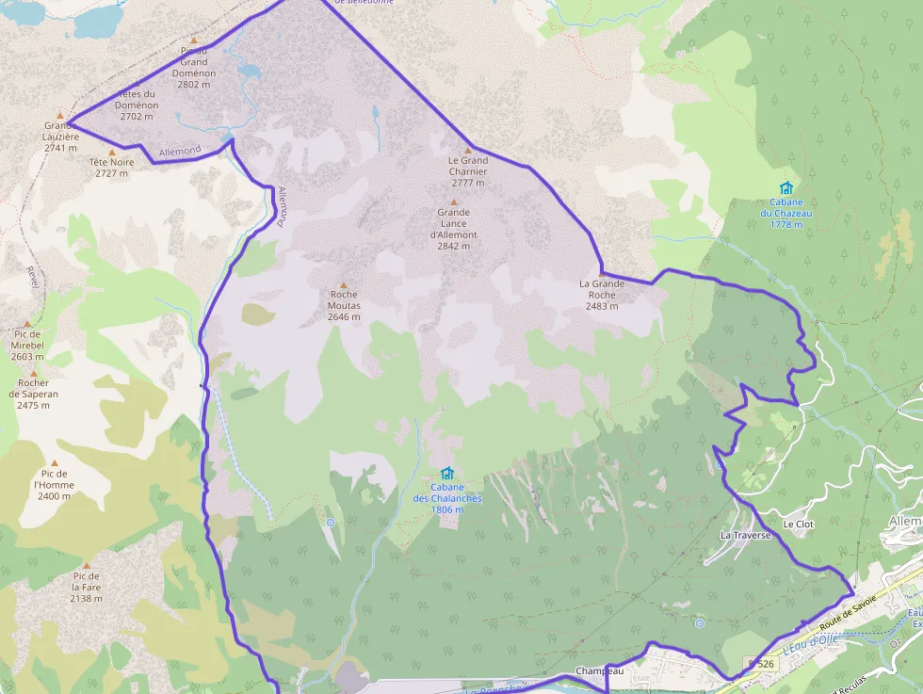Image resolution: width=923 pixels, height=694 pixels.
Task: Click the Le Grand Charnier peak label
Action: click(467, 171)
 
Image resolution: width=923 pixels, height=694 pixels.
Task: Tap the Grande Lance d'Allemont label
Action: click(454, 229)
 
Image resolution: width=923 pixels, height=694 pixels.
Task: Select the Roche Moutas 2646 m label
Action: click(344, 305)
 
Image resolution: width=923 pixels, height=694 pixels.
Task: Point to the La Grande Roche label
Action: click(602, 294)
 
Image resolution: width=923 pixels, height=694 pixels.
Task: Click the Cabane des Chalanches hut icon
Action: click(446, 473)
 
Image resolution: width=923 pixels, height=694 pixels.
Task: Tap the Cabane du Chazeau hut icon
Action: click(785, 187)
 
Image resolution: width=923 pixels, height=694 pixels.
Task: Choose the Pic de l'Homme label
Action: click(54, 485)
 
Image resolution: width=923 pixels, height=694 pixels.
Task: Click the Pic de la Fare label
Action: click(86, 587)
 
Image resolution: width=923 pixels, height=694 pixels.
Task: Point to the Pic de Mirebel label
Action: click(27, 345)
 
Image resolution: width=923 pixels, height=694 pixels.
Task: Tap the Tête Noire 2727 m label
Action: click(111, 168)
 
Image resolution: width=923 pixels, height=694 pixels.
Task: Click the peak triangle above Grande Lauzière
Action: click(59, 115)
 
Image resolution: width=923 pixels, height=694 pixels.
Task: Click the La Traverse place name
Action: click(745, 535)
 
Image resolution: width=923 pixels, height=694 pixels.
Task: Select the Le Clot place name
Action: click(797, 523)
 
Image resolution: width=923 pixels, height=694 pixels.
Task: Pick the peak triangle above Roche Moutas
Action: click(343, 284)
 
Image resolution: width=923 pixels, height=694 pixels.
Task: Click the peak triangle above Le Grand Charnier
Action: click(467, 151)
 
